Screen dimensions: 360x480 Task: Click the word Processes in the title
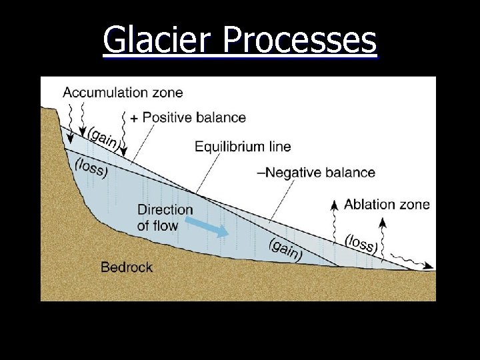click(x=300, y=40)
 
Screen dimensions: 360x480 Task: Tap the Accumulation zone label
click(x=123, y=92)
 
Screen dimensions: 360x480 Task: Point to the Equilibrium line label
click(x=243, y=146)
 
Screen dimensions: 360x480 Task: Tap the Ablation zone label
click(x=387, y=204)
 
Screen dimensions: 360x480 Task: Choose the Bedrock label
click(x=127, y=267)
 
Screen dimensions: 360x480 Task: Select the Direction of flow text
click(x=165, y=217)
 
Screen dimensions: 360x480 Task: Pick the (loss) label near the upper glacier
click(x=91, y=167)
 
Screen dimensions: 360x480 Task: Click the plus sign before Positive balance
click(x=134, y=118)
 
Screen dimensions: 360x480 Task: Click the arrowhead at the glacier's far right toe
click(x=431, y=267)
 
